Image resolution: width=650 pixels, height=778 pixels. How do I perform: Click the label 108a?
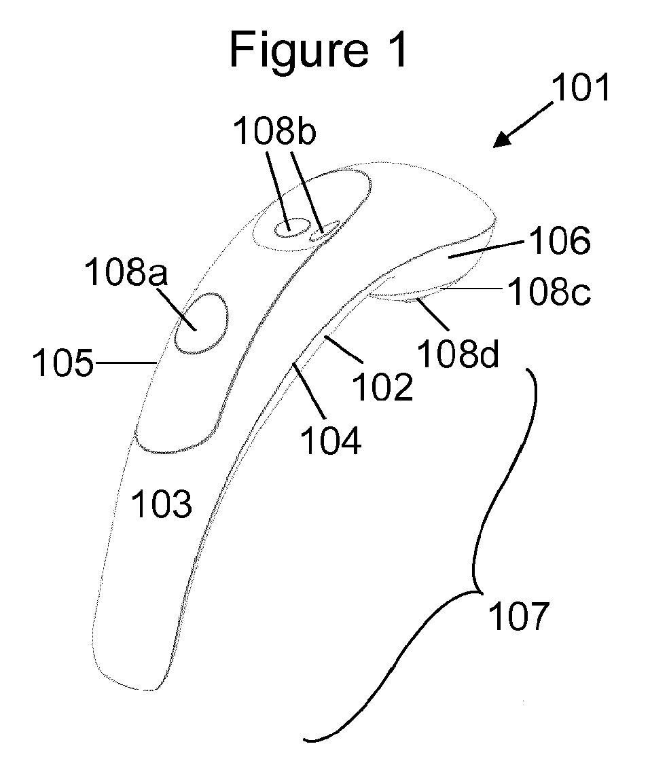(128, 276)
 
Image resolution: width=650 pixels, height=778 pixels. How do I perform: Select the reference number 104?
(331, 441)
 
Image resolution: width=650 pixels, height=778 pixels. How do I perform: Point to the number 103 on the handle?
(162, 505)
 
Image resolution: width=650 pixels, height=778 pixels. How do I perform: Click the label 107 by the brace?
(518, 618)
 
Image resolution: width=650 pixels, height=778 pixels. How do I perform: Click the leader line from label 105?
(126, 364)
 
